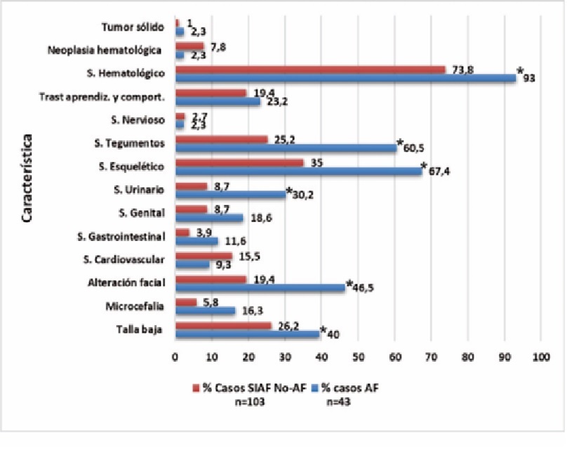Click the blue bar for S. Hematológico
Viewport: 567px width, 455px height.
[345, 78]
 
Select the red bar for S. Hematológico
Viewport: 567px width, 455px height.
[310, 69]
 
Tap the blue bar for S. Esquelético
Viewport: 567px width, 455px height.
[298, 171]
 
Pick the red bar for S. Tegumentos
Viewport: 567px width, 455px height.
[222, 139]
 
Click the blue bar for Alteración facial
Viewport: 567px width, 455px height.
[260, 286]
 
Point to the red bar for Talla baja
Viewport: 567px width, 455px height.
[223, 325]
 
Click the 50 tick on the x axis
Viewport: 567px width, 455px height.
[358, 357]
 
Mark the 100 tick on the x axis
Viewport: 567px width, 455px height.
[541, 357]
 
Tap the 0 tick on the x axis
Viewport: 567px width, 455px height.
[175, 357]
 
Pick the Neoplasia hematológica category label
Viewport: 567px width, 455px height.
[107, 50]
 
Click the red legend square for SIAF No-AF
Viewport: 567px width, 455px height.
[196, 388]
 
